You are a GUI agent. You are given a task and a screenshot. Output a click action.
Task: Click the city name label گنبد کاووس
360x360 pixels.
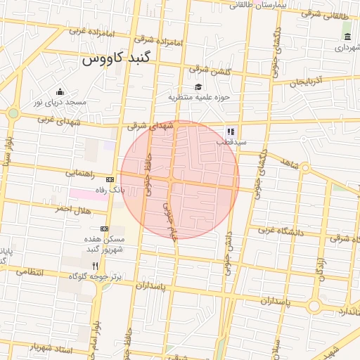(117, 59)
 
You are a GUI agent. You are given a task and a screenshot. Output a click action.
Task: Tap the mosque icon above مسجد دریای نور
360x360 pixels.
(60, 91)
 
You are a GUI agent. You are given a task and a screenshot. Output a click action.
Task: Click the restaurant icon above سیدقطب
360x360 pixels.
(231, 131)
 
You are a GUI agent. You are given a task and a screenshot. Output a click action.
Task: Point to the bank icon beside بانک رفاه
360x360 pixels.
(109, 179)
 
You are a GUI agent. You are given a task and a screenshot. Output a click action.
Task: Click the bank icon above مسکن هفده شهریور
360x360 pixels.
(105, 229)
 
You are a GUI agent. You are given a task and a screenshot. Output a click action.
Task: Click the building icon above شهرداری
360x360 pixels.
(347, 37)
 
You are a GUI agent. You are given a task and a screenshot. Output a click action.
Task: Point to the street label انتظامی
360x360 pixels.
(29, 271)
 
